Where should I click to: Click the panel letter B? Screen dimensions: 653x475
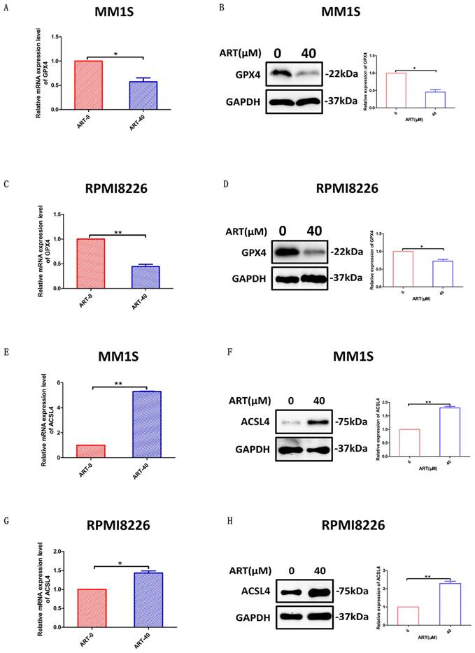[x=221, y=8]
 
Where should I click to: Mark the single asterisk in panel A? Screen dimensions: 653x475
[x=115, y=52]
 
